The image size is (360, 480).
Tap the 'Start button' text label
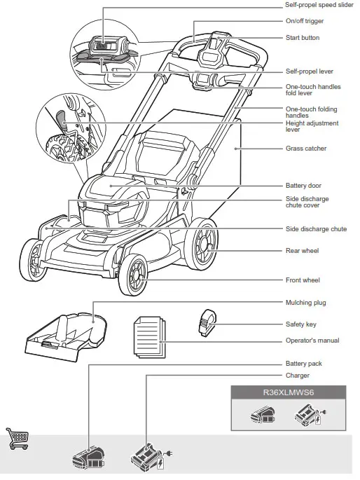[x=303, y=37]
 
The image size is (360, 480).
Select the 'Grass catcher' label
[x=306, y=149]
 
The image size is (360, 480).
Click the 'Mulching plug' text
[x=306, y=303]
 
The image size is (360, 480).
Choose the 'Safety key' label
[x=302, y=324]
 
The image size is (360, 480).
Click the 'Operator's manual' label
[x=312, y=341]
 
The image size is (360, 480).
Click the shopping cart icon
[x=17, y=437]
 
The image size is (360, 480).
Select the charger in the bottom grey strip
[x=148, y=459]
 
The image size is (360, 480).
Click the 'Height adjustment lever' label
[x=312, y=126]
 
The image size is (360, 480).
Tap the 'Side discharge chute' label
[x=317, y=229]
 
